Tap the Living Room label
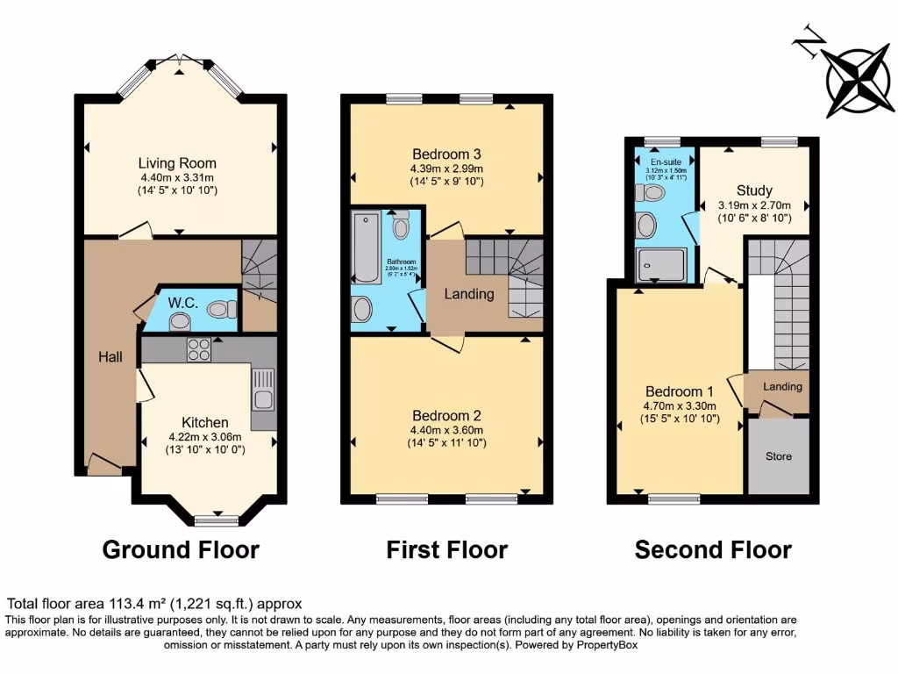click(177, 163)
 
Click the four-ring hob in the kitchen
click(198, 349)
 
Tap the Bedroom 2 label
click(446, 415)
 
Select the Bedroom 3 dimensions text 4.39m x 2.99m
click(447, 168)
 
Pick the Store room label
click(778, 456)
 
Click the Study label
click(754, 190)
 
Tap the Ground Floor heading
click(181, 550)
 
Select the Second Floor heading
click(713, 550)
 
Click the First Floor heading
click(447, 550)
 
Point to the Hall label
click(110, 357)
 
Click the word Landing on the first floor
click(469, 294)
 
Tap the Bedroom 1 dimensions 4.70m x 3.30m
click(681, 405)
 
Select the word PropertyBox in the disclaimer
click(605, 645)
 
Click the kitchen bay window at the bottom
click(217, 520)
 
